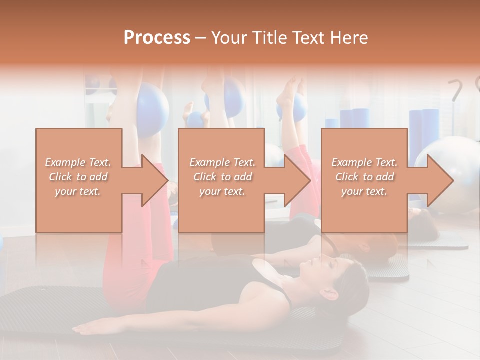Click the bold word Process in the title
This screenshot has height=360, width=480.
click(157, 38)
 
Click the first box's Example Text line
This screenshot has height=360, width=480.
click(78, 162)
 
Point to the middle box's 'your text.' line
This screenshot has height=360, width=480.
click(222, 191)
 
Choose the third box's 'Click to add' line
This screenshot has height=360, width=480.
click(364, 177)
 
